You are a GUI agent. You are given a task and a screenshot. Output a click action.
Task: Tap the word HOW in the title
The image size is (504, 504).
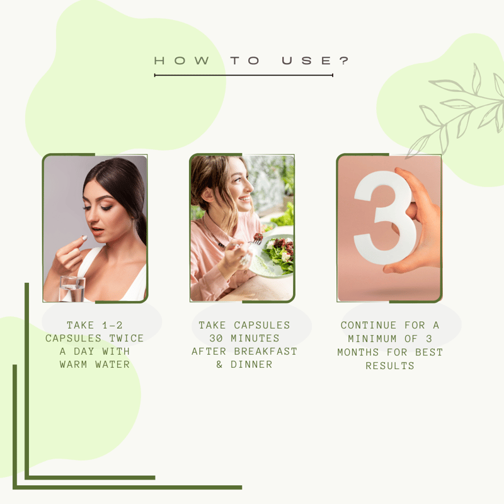click(x=182, y=60)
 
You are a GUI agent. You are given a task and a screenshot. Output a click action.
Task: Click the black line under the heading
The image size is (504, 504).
click(x=244, y=75)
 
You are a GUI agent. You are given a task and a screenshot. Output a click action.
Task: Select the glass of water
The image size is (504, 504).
click(x=72, y=289)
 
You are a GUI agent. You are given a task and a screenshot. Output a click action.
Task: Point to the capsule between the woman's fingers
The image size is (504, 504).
click(x=84, y=238)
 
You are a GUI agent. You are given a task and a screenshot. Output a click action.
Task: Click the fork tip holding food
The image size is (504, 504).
click(x=258, y=239)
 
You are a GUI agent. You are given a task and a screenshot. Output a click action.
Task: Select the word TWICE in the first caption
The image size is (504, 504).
click(x=127, y=338)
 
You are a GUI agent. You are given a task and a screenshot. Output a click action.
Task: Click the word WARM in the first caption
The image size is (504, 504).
click(x=73, y=365)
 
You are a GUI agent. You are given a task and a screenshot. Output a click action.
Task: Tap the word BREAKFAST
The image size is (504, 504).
click(x=265, y=352)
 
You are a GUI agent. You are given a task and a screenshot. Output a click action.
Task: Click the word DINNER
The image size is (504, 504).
click(x=251, y=365)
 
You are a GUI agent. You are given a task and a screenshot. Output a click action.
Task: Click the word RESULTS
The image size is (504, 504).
click(x=390, y=366)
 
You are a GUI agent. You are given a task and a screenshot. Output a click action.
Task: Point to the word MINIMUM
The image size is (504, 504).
click(x=372, y=339)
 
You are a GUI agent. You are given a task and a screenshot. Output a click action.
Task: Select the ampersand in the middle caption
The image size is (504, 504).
click(x=219, y=365)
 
